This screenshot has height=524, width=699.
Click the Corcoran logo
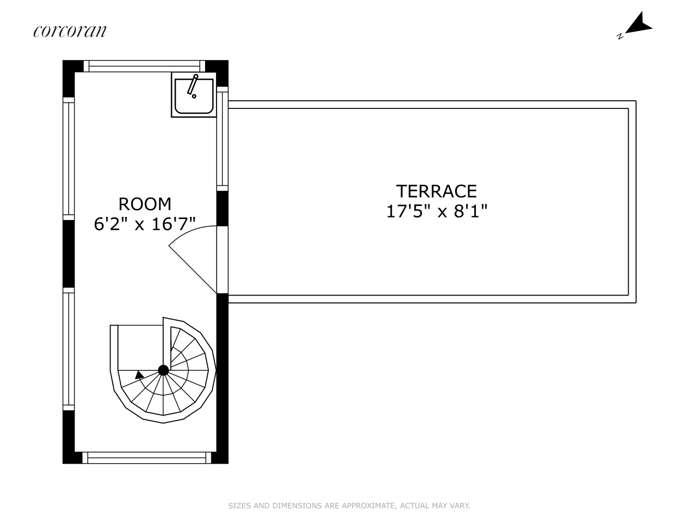[70, 31]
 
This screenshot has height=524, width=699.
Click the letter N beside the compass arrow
[620, 36]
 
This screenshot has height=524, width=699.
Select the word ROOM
[145, 204]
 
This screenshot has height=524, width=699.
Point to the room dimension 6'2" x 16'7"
[145, 224]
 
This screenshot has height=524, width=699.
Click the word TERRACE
[436, 191]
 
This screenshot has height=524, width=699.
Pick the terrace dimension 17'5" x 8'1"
[437, 211]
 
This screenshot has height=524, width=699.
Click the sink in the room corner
[193, 94]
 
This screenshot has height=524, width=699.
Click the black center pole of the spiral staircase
[164, 370]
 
